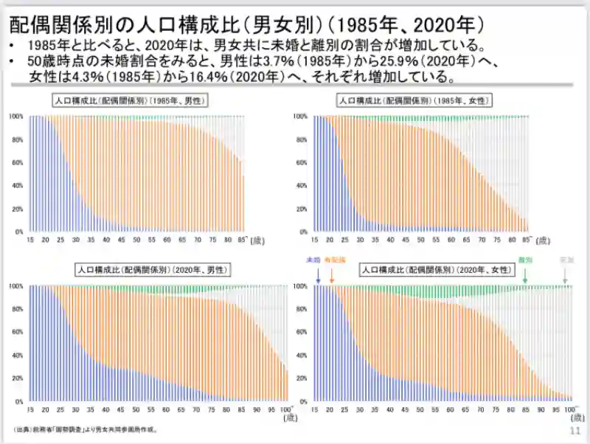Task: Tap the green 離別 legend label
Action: coord(525,261)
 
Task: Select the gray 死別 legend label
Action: coord(565,261)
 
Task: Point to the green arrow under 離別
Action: coord(525,275)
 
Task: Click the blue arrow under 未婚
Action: coord(316,275)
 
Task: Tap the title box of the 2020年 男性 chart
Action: coord(152,271)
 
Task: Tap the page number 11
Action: coord(575,430)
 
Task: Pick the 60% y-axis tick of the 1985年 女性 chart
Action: coord(299,162)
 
